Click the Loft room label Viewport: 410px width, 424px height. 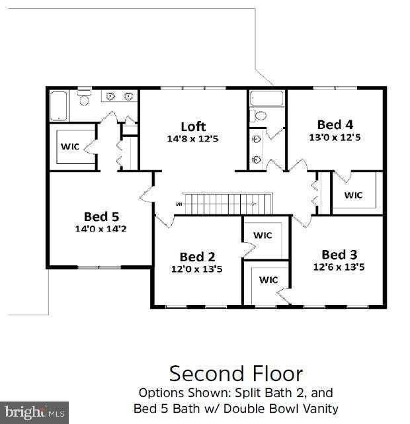pyautogui.click(x=193, y=126)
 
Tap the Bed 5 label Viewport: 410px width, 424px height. pyautogui.click(x=101, y=216)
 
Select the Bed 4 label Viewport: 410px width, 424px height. pyautogui.click(x=334, y=124)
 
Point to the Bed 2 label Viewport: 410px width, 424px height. pyautogui.click(x=197, y=257)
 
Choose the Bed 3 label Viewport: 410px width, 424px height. pyautogui.click(x=339, y=255)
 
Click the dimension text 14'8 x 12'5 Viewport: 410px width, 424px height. pyautogui.click(x=193, y=139)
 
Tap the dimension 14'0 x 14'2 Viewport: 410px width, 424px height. pyautogui.click(x=101, y=229)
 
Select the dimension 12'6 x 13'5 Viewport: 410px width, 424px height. pyautogui.click(x=339, y=267)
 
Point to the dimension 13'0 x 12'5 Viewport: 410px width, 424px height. pyautogui.click(x=334, y=138)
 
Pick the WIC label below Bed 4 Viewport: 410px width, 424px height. pyautogui.click(x=353, y=195)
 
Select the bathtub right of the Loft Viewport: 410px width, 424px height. pyautogui.click(x=266, y=99)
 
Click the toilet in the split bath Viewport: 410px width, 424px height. pyautogui.click(x=260, y=116)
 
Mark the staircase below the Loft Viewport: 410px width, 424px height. pyautogui.click(x=227, y=203)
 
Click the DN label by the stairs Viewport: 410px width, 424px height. pyautogui.click(x=179, y=203)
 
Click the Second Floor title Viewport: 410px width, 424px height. pyautogui.click(x=235, y=373)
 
